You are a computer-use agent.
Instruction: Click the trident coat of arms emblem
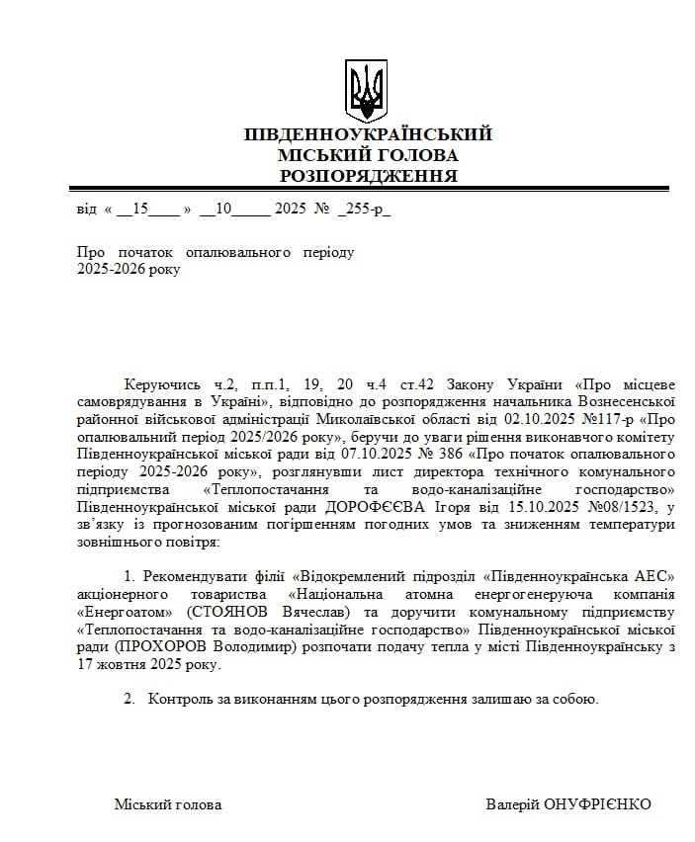pos(367,91)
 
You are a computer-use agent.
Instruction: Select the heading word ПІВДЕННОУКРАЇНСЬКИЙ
pos(368,134)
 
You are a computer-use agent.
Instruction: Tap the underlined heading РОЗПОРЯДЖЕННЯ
pos(368,176)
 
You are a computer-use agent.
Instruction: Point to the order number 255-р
pos(365,210)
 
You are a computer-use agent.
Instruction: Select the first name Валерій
pos(513,804)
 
